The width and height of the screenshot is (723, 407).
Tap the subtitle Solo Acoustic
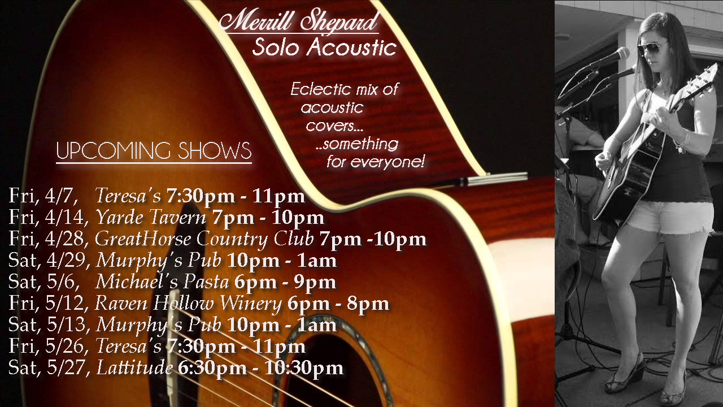pos(324,47)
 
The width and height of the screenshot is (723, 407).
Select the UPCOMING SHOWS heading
pos(154,150)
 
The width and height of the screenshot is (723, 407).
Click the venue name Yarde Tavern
pos(151,218)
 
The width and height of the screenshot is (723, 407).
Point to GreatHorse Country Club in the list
pos(204,239)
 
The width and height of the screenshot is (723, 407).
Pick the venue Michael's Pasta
pos(162,282)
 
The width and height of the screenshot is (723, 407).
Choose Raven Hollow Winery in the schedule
pos(188,304)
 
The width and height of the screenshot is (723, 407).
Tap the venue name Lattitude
pos(134,367)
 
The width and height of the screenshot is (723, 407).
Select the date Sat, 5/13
pos(49,324)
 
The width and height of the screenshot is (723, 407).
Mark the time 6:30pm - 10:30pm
pos(260,368)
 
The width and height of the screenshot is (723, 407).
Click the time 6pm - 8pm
pos(338,304)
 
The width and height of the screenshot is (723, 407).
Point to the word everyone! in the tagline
pos(387,162)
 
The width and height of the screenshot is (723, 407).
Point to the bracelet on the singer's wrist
pos(682,143)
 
